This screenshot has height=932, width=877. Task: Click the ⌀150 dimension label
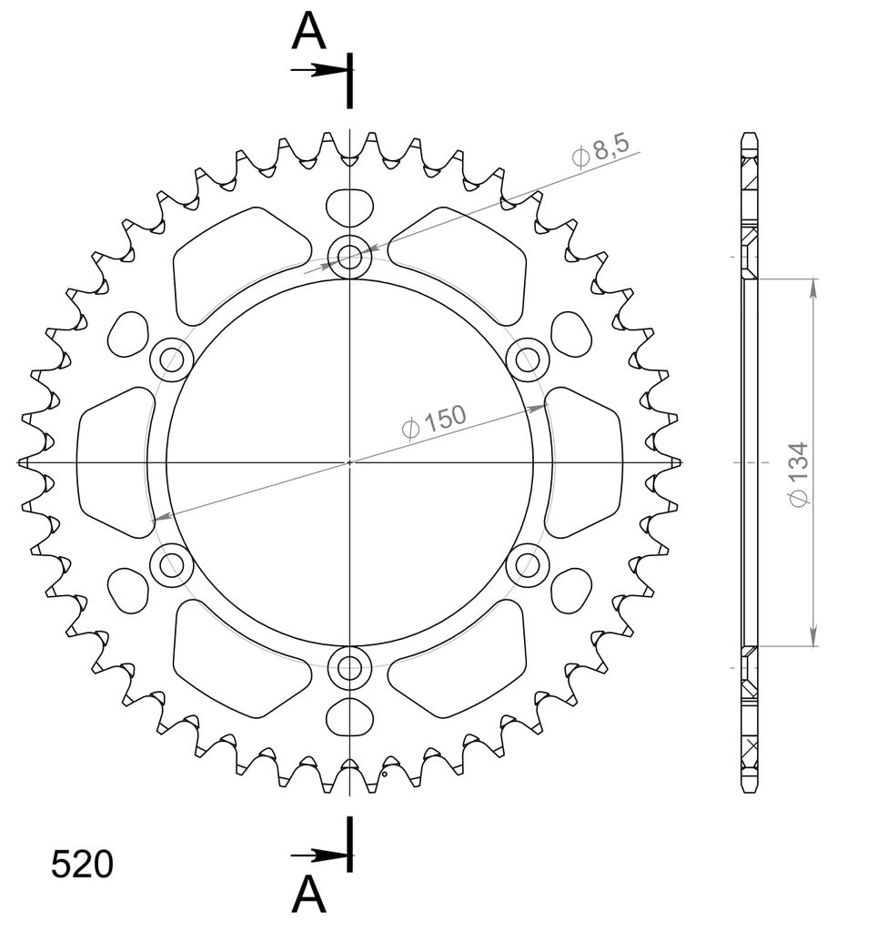[434, 421]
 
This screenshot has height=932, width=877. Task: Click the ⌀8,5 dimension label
[600, 152]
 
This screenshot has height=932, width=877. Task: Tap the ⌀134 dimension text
[799, 475]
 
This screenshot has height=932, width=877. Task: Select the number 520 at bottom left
[82, 865]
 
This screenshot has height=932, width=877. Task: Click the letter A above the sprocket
[309, 32]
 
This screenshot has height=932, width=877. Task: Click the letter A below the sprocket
[309, 896]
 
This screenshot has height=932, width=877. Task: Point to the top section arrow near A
[319, 70]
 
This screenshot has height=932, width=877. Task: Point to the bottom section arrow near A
[319, 856]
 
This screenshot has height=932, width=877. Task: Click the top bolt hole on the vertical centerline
[350, 256]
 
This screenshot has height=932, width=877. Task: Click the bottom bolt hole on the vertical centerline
[350, 668]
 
